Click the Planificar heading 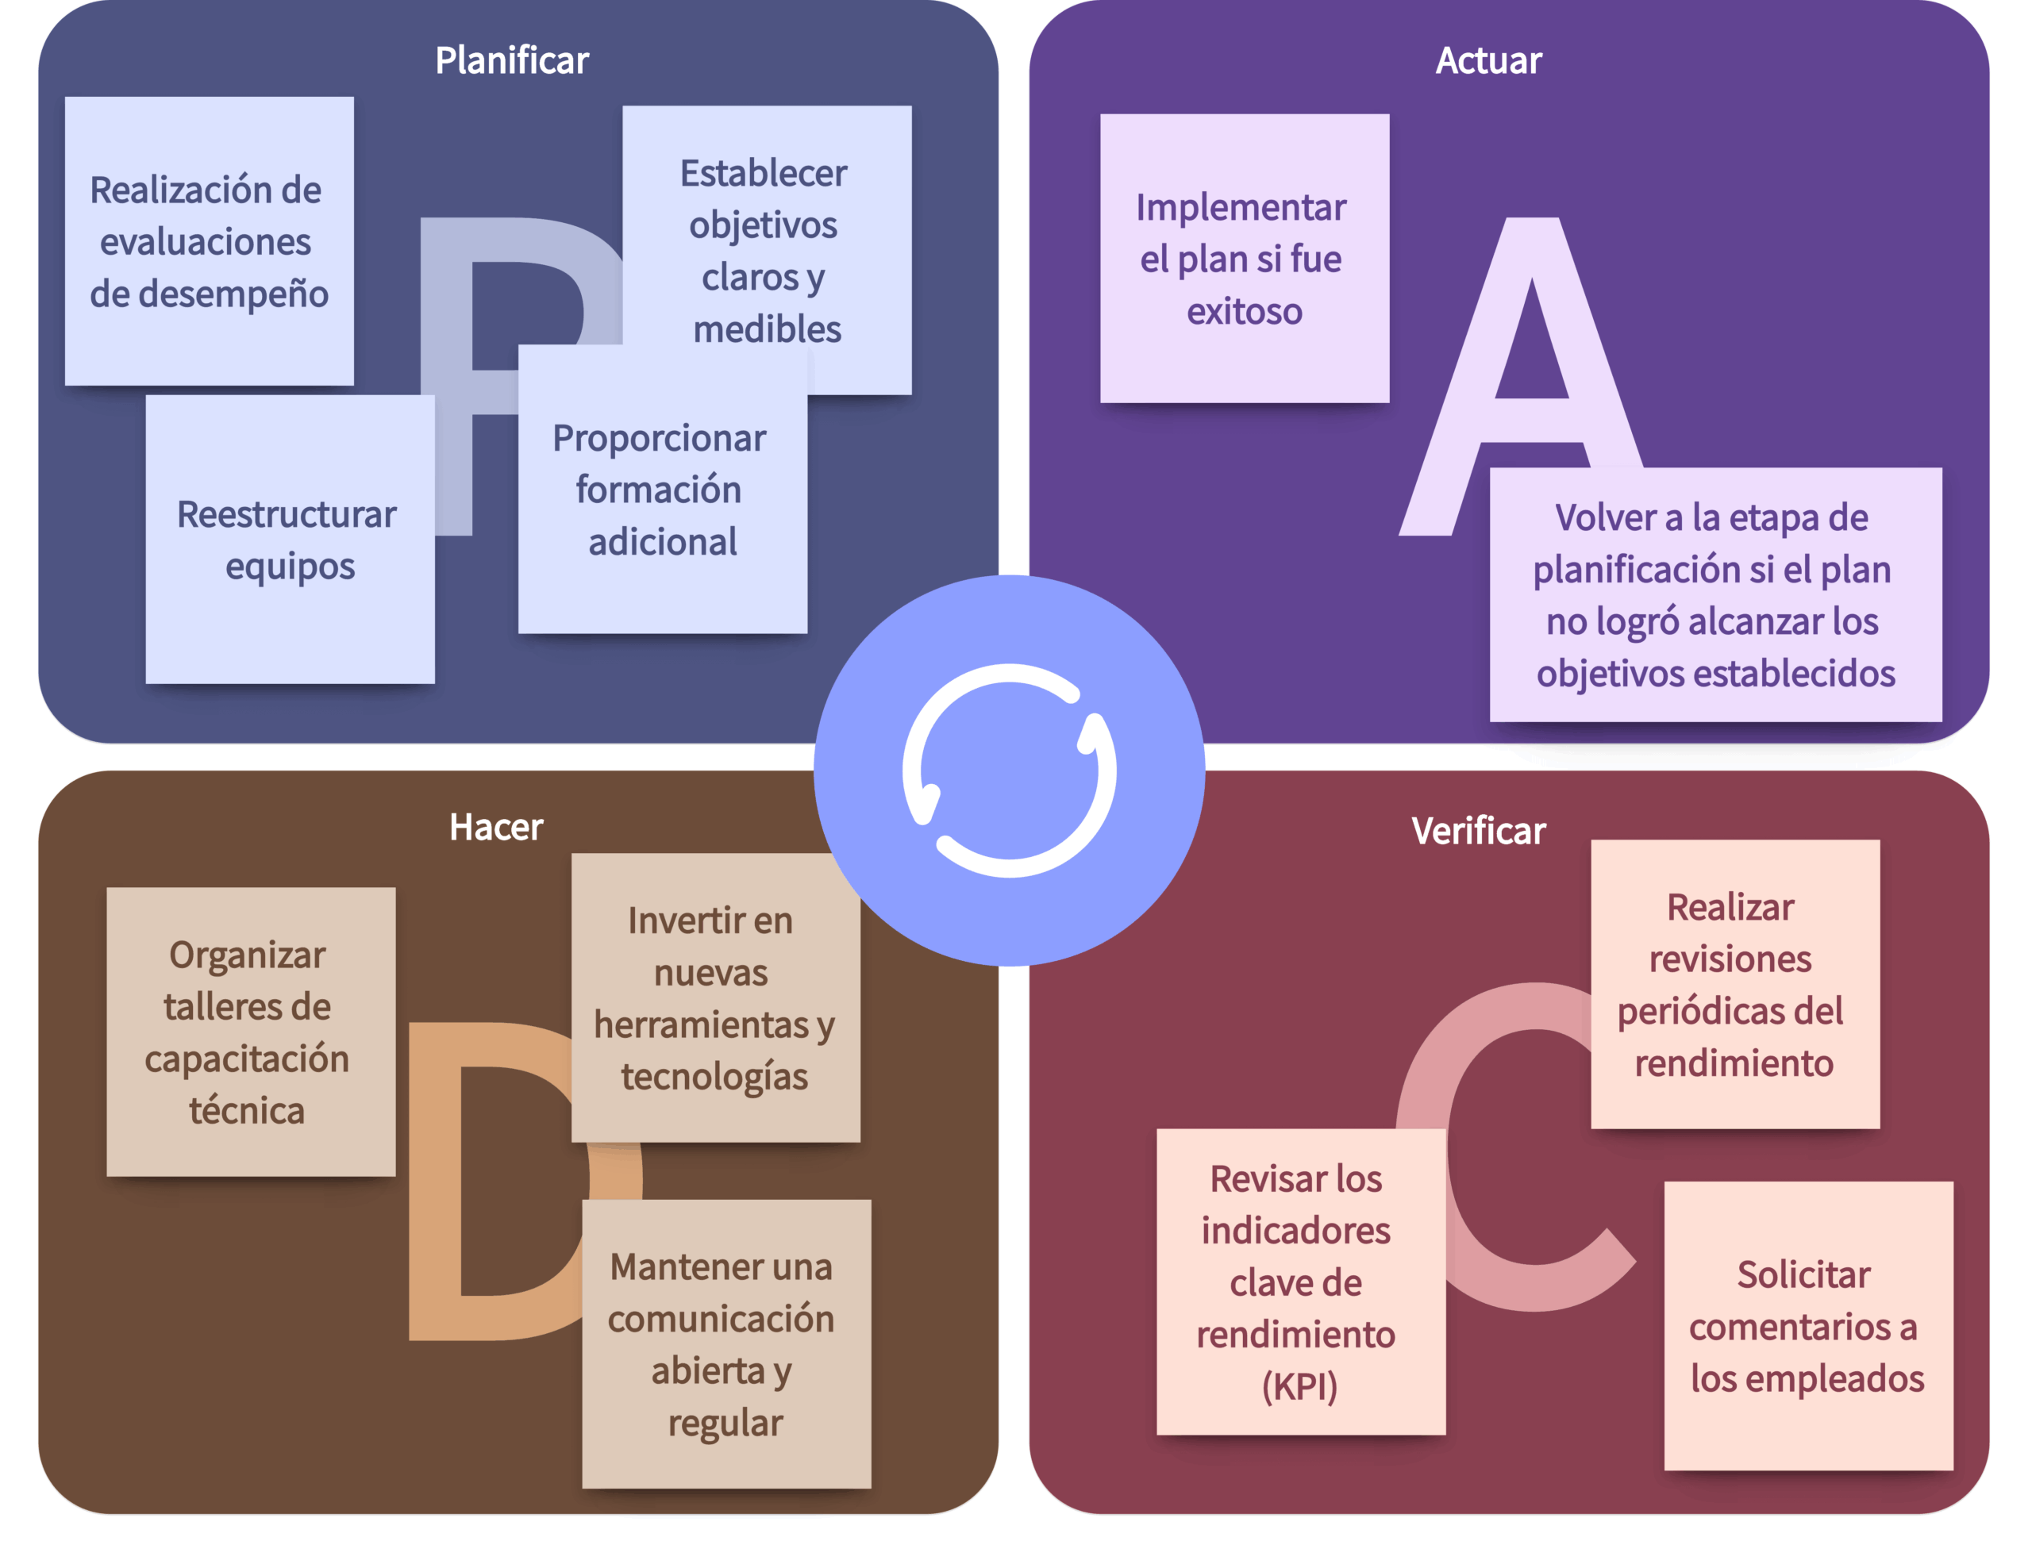coord(512,60)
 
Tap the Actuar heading coord(1488,60)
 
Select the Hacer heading coord(496,827)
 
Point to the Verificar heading coord(1479,831)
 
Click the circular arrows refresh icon coord(1010,770)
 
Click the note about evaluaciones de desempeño coord(209,241)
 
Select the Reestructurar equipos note coord(290,540)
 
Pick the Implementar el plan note coord(1244,259)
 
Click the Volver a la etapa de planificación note coord(1714,594)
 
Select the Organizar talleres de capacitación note coord(250,1032)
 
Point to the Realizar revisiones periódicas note coord(1734,984)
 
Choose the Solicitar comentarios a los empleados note coord(1807,1325)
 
